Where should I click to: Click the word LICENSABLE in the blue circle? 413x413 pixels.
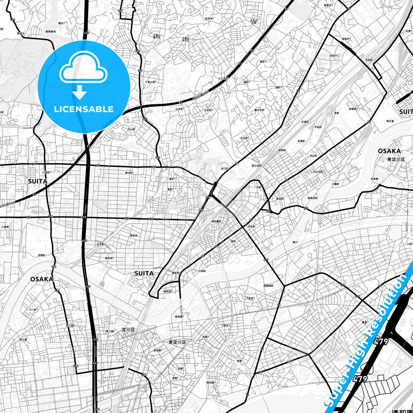click(x=84, y=109)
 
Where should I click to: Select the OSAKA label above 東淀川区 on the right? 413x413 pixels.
click(x=389, y=151)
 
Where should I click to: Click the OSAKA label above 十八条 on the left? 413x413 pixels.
click(x=42, y=279)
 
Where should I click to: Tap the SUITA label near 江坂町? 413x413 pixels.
click(x=37, y=181)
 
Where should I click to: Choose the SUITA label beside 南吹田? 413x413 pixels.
click(x=144, y=273)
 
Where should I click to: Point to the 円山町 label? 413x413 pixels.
click(x=131, y=129)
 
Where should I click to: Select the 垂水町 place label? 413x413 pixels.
click(x=129, y=173)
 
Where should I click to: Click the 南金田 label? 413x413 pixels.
click(x=133, y=236)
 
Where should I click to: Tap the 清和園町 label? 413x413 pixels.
click(x=216, y=221)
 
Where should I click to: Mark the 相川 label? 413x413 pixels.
click(x=295, y=242)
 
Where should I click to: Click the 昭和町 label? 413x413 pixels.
click(x=282, y=150)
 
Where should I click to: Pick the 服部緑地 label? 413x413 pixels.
click(x=51, y=32)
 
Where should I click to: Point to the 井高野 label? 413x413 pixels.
click(x=374, y=179)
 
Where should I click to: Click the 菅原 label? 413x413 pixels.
click(x=239, y=361)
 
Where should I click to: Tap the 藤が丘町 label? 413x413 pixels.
click(x=259, y=110)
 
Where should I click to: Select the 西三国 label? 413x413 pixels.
click(x=23, y=340)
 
